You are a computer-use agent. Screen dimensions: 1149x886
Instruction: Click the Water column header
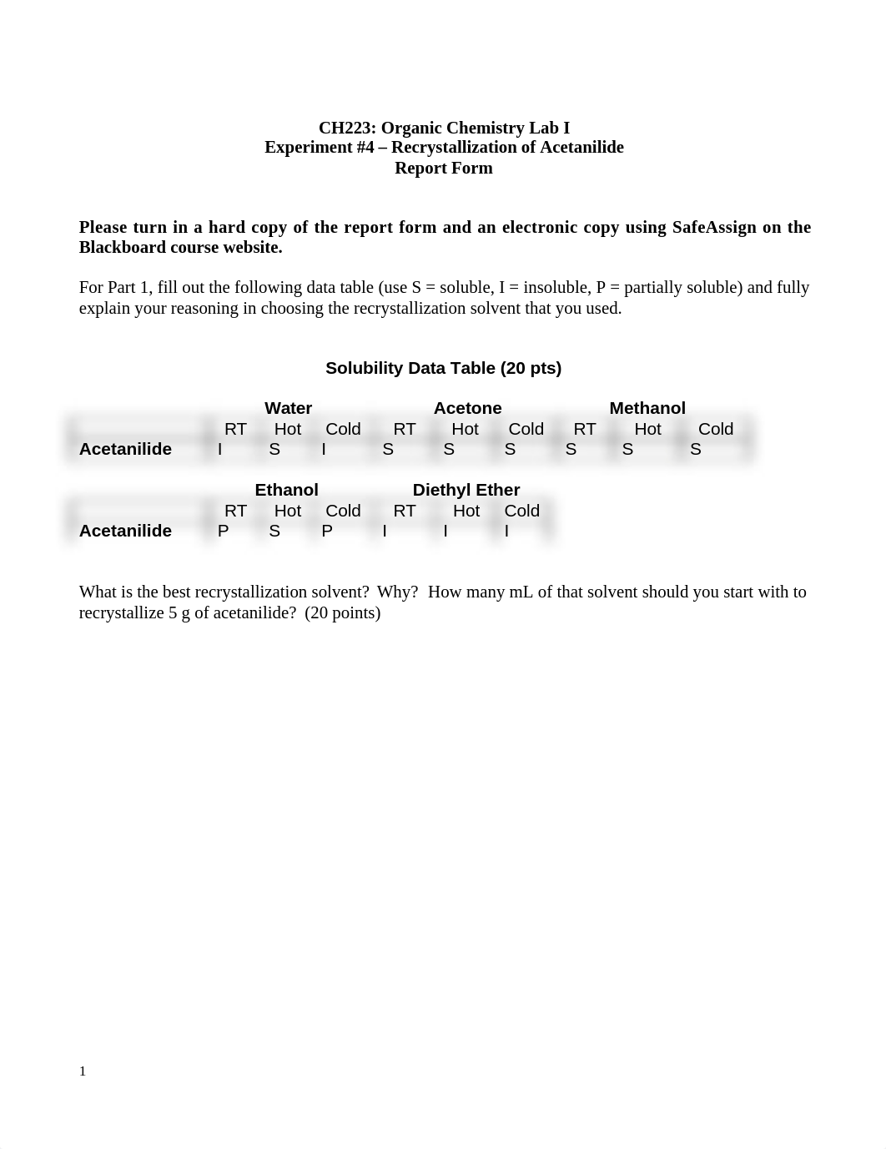(288, 408)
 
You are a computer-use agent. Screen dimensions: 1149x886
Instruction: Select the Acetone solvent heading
(467, 408)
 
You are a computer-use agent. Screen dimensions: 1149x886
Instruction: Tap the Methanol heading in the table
(647, 408)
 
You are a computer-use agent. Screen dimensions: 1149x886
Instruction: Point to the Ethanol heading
(286, 490)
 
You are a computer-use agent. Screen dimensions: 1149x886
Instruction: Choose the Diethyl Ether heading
(466, 490)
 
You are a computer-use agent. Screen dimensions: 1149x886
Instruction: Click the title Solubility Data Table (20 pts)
(443, 368)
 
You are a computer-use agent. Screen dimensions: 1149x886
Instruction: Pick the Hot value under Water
(274, 449)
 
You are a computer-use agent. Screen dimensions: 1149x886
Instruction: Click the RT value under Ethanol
(223, 531)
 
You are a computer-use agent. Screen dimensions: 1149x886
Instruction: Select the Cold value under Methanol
(696, 449)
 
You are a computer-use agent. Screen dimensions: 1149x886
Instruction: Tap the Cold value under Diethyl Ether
(506, 531)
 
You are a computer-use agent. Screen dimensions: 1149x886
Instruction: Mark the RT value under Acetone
(388, 449)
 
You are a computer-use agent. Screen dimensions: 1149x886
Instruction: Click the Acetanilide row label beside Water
(125, 449)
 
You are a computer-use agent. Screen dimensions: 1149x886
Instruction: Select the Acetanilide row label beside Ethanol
(125, 531)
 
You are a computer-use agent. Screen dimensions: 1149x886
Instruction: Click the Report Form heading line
(444, 168)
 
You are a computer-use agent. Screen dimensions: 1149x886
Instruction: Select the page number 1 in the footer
(83, 1071)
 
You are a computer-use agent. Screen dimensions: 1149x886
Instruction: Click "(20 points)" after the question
(342, 612)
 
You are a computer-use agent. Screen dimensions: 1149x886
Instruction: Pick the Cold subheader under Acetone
(526, 429)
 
